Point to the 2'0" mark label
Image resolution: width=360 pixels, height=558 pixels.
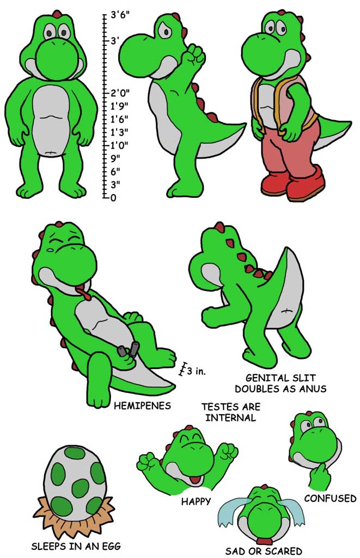click(x=120, y=93)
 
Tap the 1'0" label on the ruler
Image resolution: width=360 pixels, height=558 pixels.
click(x=119, y=145)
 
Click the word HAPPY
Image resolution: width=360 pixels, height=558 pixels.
click(x=196, y=502)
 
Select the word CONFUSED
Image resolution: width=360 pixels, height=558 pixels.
click(x=330, y=498)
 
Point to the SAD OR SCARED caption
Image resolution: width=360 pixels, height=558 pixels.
click(x=264, y=551)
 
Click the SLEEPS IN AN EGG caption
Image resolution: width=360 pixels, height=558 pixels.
click(x=76, y=546)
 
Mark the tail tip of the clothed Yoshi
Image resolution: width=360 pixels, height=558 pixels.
click(x=351, y=123)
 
